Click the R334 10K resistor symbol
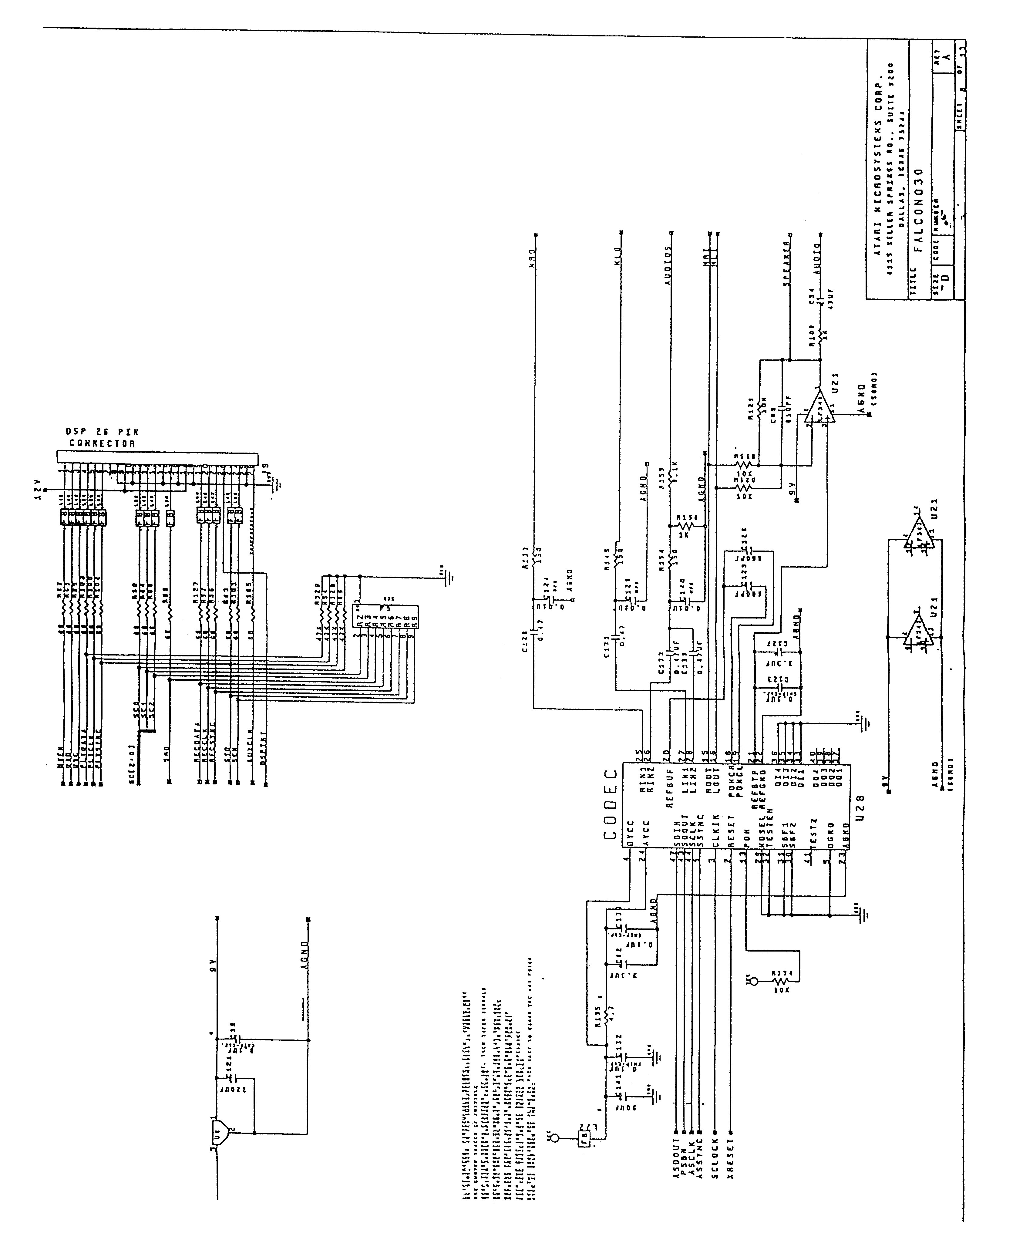tap(780, 982)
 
